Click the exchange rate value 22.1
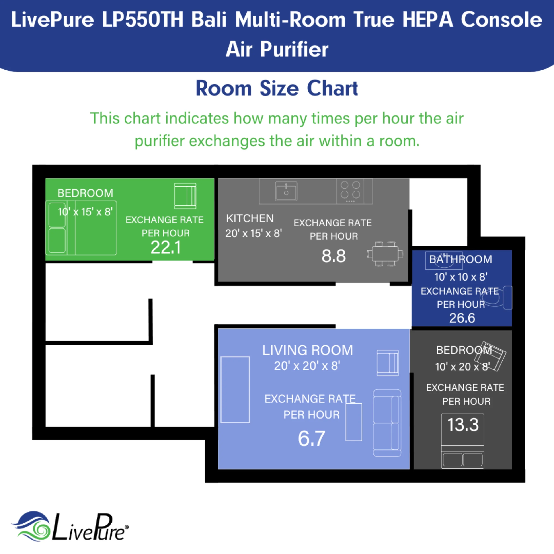pyautogui.click(x=166, y=247)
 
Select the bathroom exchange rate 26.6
pyautogui.click(x=462, y=318)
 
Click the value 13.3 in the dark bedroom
pyautogui.click(x=463, y=424)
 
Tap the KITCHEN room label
pyautogui.click(x=250, y=218)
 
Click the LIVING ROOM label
pyautogui.click(x=307, y=350)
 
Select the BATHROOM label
pyautogui.click(x=460, y=259)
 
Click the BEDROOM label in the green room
pyautogui.click(x=85, y=193)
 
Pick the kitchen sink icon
pyautogui.click(x=286, y=191)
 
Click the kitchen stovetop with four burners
pyautogui.click(x=350, y=191)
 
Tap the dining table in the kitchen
pyautogui.click(x=385, y=254)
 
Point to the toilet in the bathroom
pyautogui.click(x=501, y=298)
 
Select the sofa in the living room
pyautogui.click(x=387, y=423)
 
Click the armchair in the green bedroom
pyautogui.click(x=185, y=196)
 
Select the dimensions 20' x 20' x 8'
pyautogui.click(x=307, y=366)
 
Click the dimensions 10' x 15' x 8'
pyautogui.click(x=85, y=212)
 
